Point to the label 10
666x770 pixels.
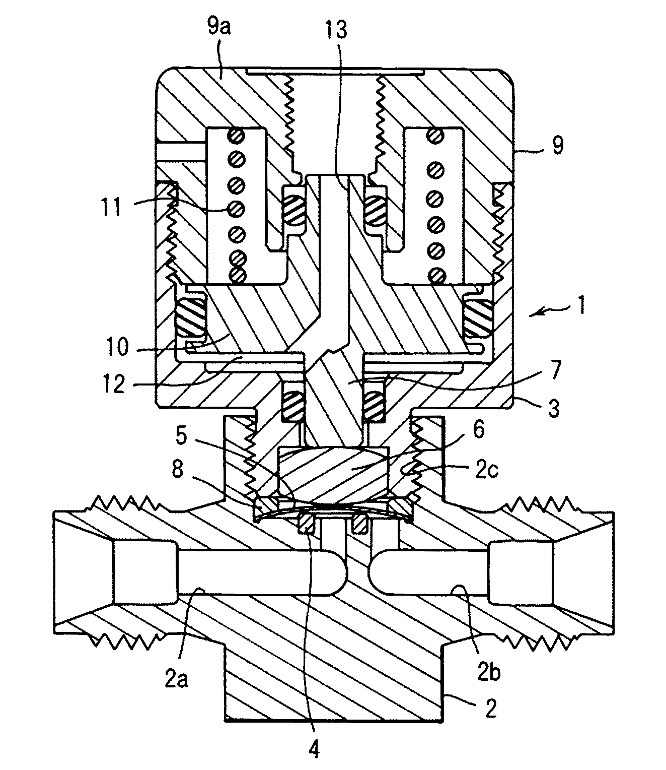tap(117, 348)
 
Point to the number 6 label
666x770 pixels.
tap(478, 430)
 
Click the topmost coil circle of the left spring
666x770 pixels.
tap(237, 135)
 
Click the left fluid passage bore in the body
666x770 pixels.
tap(252, 571)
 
